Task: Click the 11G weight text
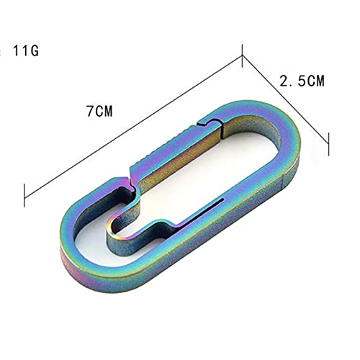[25, 51]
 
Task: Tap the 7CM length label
[99, 111]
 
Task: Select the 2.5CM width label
[302, 81]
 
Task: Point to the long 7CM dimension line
[133, 127]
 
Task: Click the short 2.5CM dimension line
[285, 99]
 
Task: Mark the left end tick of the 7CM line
[24, 195]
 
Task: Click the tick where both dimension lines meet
[243, 55]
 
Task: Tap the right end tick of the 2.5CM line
[328, 144]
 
